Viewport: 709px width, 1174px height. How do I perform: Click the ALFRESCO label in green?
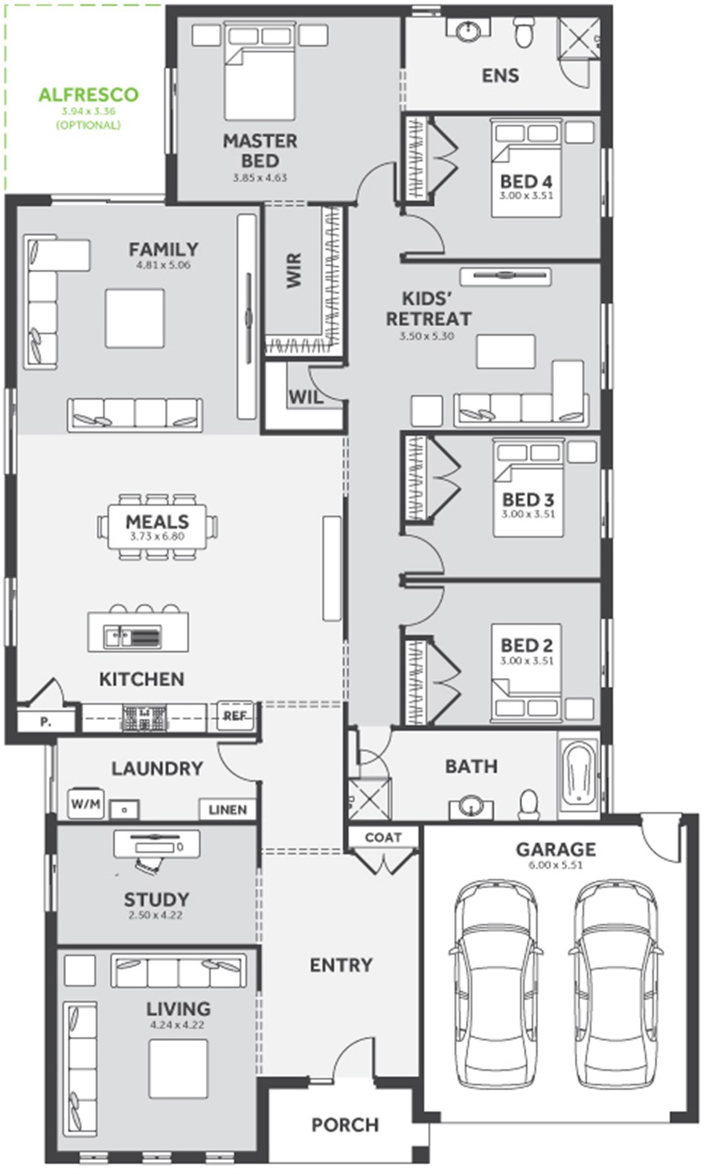[89, 95]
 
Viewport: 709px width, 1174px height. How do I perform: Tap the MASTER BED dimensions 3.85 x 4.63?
[260, 178]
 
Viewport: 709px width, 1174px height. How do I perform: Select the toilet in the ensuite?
[523, 33]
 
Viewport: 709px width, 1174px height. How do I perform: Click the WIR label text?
[294, 270]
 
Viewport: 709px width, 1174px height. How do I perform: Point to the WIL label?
[306, 397]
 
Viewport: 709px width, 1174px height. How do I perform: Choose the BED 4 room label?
[526, 182]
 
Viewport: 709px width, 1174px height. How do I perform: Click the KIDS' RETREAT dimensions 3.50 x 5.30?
[426, 336]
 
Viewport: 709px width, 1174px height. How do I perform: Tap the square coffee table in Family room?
[135, 318]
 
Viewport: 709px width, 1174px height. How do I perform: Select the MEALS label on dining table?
[157, 522]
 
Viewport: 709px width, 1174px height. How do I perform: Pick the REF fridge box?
[235, 716]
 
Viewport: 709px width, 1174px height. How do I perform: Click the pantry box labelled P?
[46, 722]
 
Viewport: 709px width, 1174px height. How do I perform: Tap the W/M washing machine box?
[86, 803]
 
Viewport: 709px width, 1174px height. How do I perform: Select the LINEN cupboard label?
[228, 809]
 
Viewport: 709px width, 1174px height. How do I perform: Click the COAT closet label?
[383, 837]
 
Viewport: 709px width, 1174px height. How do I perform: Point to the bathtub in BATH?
[579, 775]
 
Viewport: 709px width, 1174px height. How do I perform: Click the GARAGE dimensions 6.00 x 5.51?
[556, 865]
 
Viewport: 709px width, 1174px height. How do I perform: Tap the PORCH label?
[344, 1125]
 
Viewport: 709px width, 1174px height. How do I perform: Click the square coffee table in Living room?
[178, 1068]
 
